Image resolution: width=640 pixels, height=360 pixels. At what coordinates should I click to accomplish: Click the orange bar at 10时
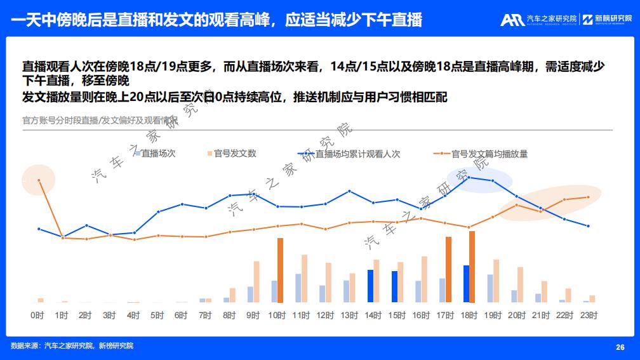click(280, 270)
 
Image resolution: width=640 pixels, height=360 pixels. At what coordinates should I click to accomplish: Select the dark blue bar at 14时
click(370, 286)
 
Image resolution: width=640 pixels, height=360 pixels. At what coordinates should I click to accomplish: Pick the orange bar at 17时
click(448, 269)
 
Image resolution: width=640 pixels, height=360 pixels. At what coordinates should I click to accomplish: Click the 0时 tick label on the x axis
click(37, 314)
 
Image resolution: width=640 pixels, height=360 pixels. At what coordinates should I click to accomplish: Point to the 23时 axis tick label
click(589, 314)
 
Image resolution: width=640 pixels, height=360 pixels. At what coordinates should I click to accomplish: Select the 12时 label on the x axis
click(325, 314)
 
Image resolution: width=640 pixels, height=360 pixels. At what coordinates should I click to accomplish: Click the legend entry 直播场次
click(154, 154)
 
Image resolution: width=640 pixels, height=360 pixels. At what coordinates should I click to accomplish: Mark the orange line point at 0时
click(39, 180)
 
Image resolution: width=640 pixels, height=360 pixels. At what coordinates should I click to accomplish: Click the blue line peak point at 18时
click(468, 177)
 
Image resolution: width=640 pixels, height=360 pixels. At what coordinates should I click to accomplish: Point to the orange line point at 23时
click(589, 197)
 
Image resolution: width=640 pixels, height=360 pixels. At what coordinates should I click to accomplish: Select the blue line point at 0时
click(39, 229)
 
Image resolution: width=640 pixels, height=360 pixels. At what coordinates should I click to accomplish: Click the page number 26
click(620, 347)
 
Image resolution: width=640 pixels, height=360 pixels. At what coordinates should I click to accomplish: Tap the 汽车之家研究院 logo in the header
click(538, 20)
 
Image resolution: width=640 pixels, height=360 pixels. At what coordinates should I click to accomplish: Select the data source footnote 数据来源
click(72, 345)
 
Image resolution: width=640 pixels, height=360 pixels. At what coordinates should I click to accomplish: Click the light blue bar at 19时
click(490, 288)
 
